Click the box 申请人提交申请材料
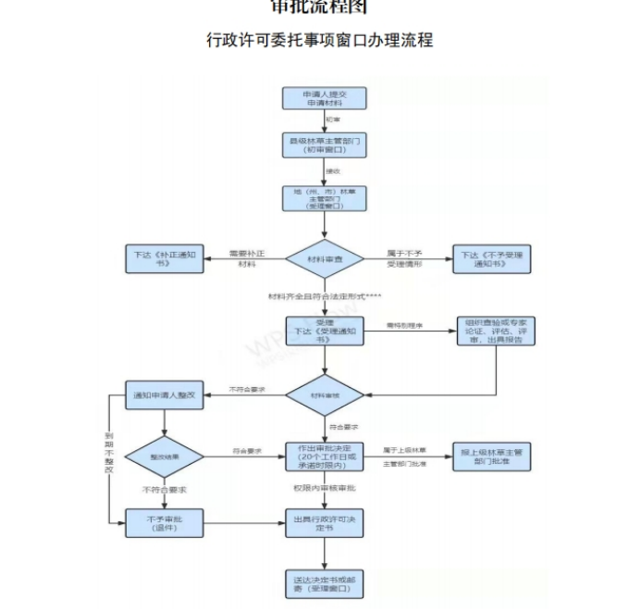[x=324, y=99]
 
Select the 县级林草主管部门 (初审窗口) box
[x=324, y=144]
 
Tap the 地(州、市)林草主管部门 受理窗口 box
[x=324, y=198]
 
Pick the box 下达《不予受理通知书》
[x=493, y=259]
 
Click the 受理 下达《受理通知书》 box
[x=324, y=331]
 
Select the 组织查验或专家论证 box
[x=497, y=331]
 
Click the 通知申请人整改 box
[x=164, y=395]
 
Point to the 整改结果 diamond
[x=164, y=457]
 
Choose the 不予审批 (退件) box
[x=164, y=523]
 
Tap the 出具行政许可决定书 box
[x=324, y=523]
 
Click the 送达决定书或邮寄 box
[x=324, y=583]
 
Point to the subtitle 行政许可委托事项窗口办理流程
[x=320, y=41]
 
